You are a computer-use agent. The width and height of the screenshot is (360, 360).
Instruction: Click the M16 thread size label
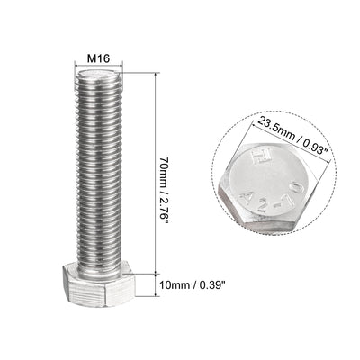tap(98, 58)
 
